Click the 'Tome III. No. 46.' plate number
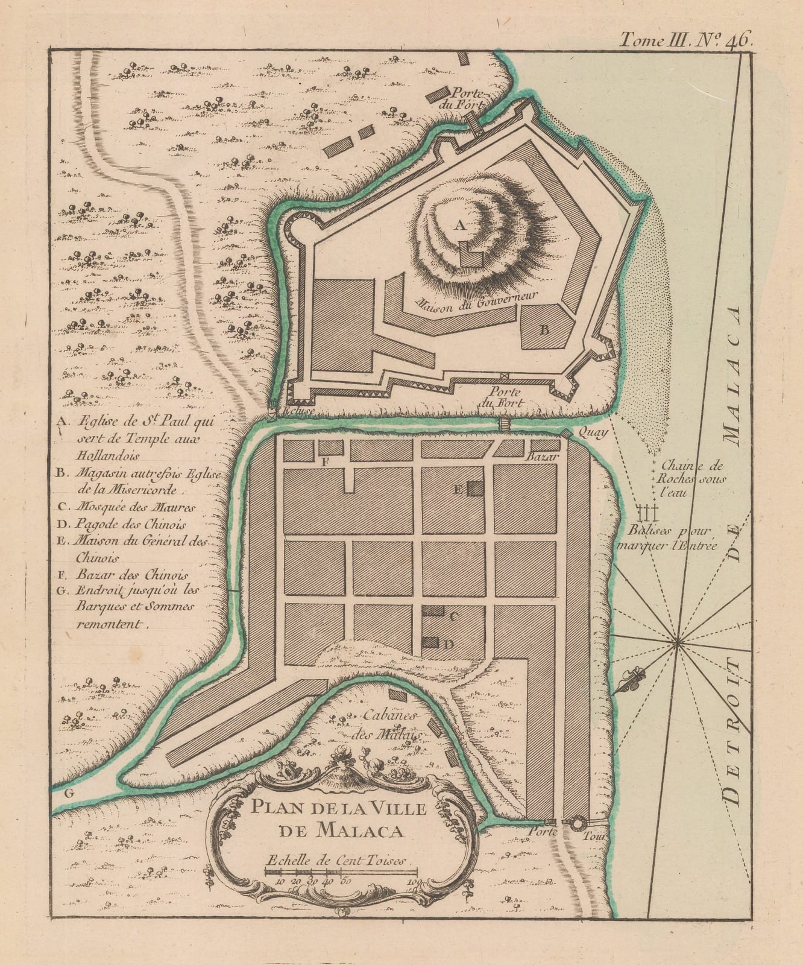[685, 40]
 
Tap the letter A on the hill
[459, 226]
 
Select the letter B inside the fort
[543, 330]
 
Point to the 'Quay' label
[590, 432]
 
